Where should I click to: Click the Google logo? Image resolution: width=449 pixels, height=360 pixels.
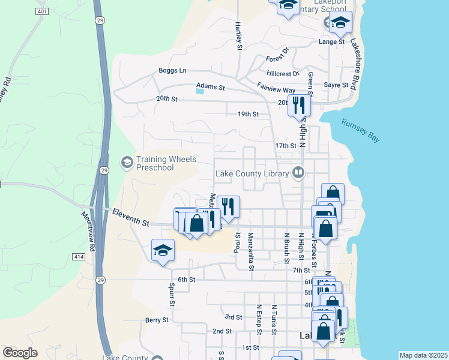tap(19, 353)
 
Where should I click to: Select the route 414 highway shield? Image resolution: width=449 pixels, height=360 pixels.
tap(79, 256)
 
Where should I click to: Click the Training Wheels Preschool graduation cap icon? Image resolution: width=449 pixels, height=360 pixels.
tap(127, 162)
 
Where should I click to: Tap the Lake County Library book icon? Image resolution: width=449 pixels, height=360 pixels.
tap(298, 173)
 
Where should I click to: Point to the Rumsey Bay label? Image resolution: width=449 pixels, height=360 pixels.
tap(361, 130)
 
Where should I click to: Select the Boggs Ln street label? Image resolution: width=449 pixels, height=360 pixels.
tap(172, 70)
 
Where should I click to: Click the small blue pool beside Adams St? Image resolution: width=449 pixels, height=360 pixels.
tap(200, 91)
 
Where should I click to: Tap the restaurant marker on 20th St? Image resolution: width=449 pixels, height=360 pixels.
tap(298, 105)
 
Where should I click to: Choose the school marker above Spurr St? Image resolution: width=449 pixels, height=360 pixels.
tap(163, 250)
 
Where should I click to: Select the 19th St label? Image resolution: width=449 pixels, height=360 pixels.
tap(248, 113)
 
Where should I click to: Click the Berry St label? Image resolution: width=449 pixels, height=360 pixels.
tap(157, 320)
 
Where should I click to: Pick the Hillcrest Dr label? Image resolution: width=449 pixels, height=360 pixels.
tap(283, 74)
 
